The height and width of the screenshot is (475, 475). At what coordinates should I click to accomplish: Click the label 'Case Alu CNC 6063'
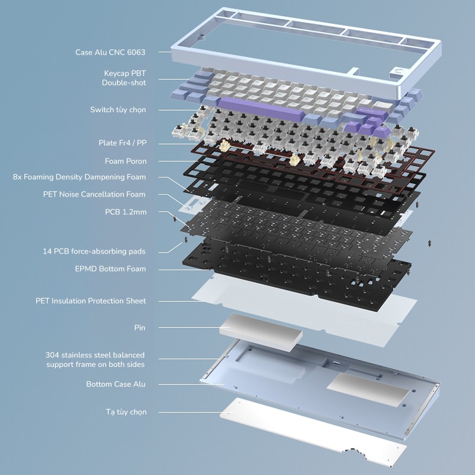coord(110,52)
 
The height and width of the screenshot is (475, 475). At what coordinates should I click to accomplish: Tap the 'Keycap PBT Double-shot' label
coord(124,78)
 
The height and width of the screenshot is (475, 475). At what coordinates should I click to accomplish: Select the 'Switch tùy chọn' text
coord(118,110)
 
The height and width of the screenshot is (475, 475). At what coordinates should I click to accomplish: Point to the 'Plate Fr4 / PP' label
coord(122,142)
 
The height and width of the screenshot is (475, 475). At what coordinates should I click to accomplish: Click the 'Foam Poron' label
coord(126,161)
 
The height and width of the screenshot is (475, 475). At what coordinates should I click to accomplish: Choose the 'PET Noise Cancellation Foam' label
coord(94,194)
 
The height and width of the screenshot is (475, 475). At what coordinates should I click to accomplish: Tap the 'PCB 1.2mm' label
coord(126,212)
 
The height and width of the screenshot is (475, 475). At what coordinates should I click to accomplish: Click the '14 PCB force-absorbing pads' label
coord(94,251)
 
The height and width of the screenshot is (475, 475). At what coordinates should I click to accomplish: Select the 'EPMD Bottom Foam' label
coord(110,269)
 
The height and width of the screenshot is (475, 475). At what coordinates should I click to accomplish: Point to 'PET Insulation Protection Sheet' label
coord(91,301)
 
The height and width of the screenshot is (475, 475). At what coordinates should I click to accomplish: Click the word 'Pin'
coord(140,328)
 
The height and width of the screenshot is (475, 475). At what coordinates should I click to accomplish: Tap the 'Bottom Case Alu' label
coord(116,384)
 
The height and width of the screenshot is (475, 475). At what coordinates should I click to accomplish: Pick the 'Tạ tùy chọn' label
coord(126,412)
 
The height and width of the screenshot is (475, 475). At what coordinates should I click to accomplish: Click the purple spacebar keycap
coord(261,109)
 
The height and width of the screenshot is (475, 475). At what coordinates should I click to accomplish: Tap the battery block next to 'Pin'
coord(261,332)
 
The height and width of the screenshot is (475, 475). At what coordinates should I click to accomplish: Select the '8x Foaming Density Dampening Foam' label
coord(80,177)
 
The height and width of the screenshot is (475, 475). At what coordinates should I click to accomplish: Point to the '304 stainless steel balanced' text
coord(95,354)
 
